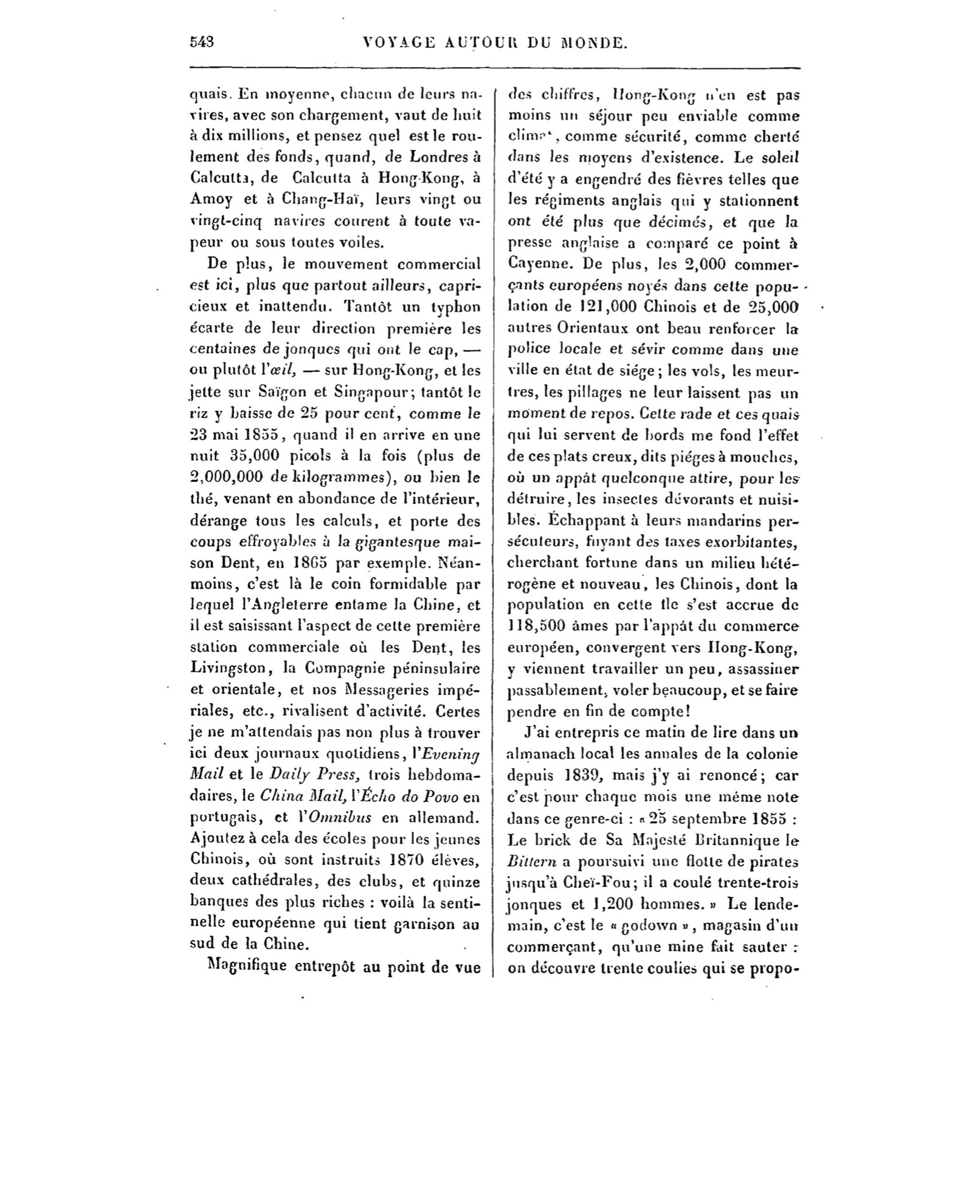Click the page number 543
pos(202,42)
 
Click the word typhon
pos(457,307)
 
